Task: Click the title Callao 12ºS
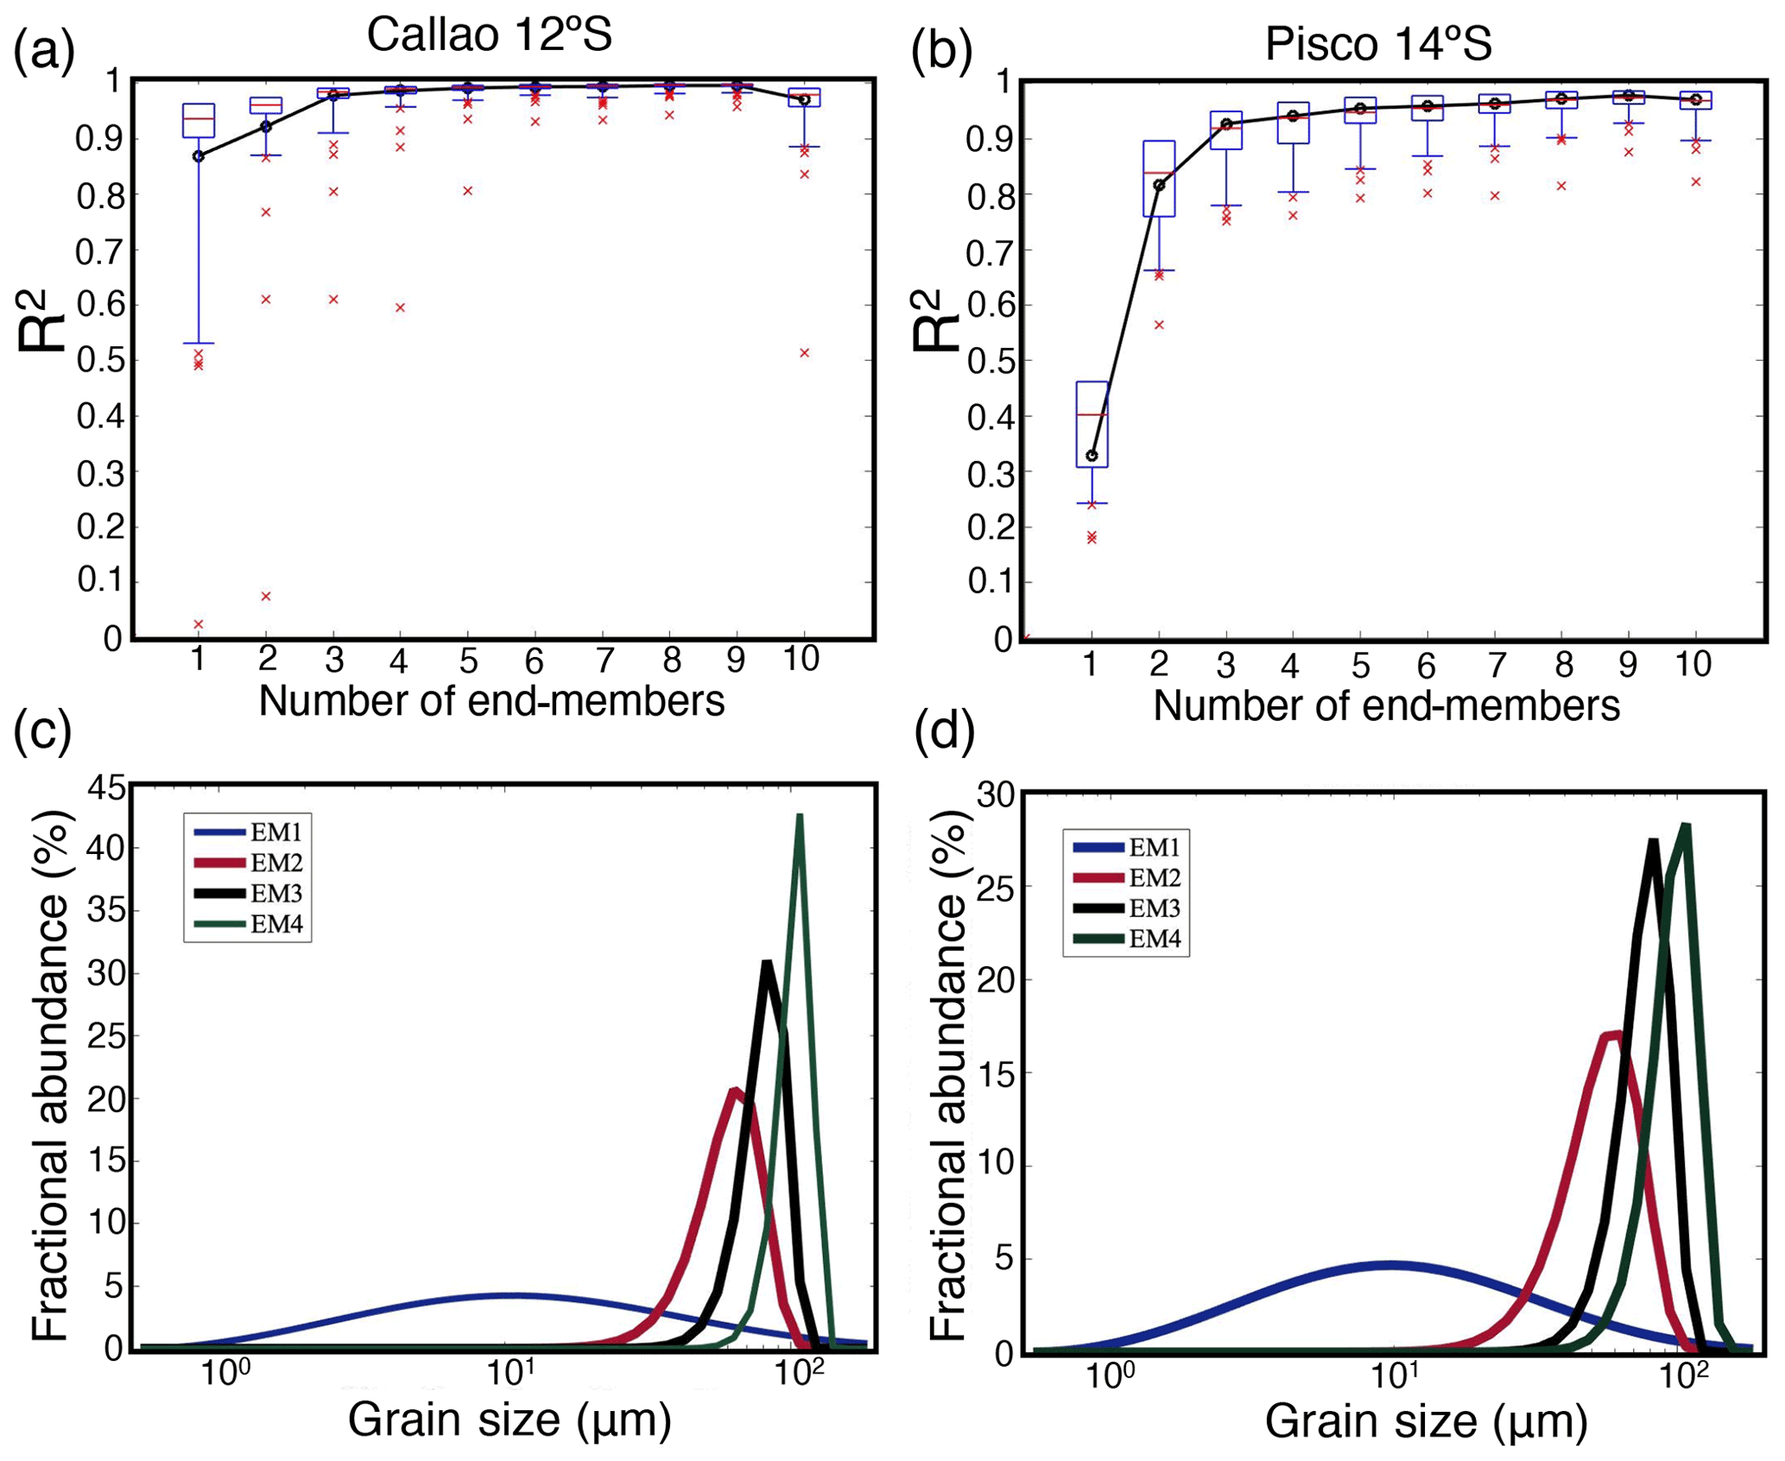point(489,35)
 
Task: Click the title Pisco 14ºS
point(1378,43)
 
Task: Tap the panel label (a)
point(43,50)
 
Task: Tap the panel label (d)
point(944,730)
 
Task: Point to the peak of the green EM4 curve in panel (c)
point(800,816)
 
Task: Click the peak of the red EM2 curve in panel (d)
point(1611,1034)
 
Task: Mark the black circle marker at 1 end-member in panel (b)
point(1092,455)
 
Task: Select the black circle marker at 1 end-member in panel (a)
point(198,156)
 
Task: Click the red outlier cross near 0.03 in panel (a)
point(198,623)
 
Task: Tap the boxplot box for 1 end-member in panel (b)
point(1092,424)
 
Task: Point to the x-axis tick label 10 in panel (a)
point(801,660)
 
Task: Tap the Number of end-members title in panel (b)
point(1386,705)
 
